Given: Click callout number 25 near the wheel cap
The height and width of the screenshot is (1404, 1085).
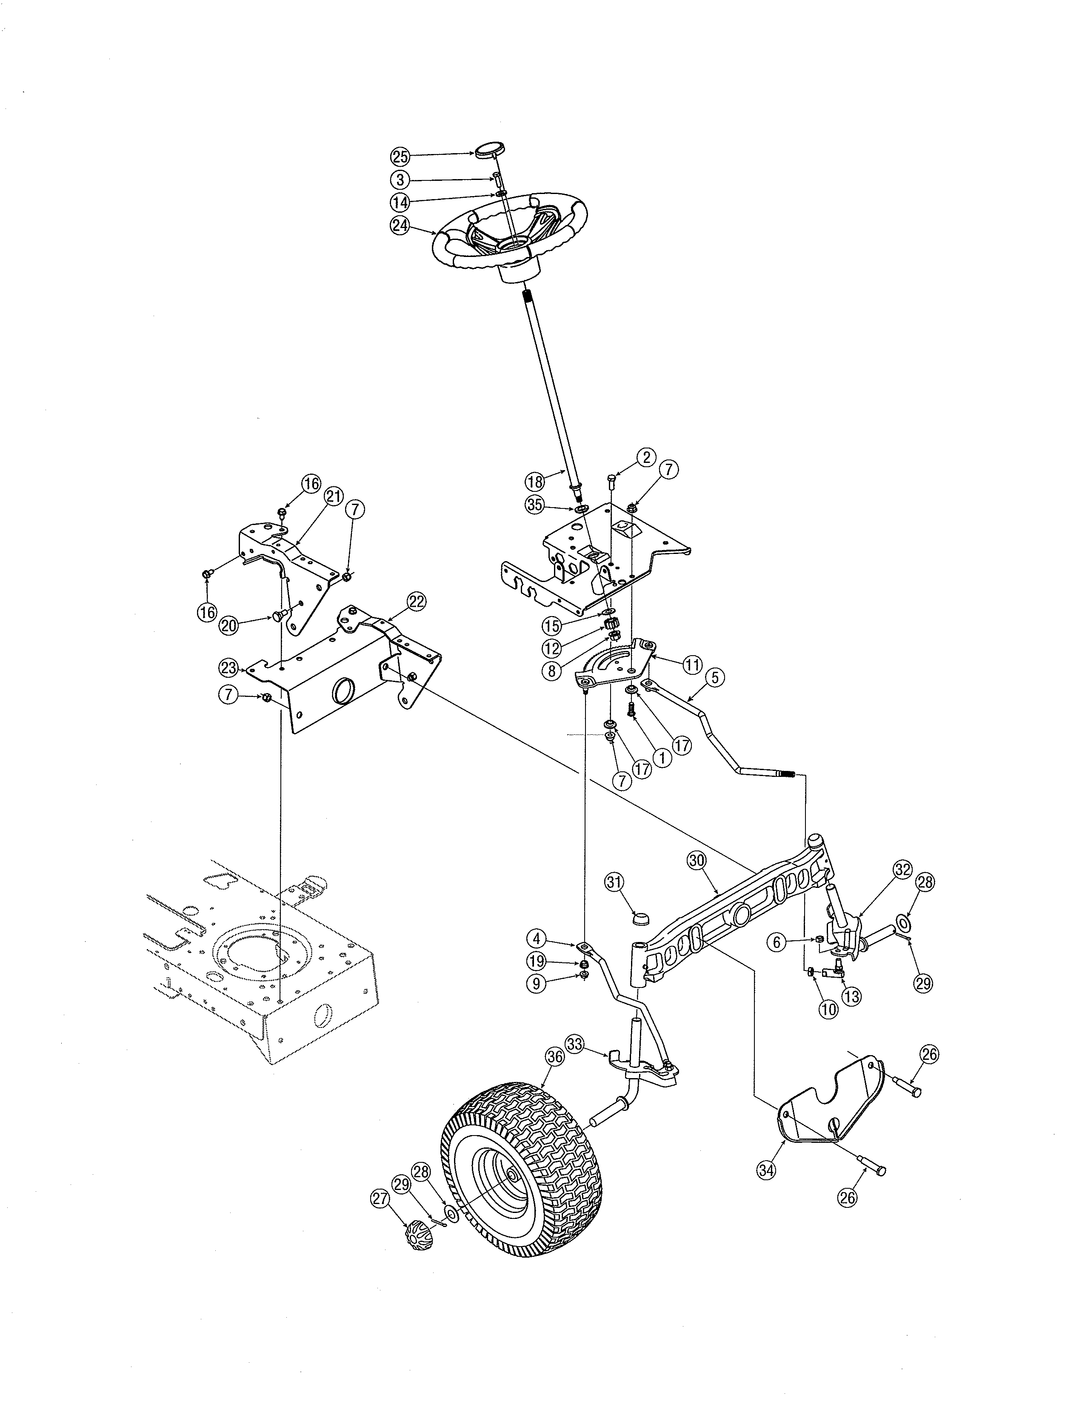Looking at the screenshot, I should point(400,156).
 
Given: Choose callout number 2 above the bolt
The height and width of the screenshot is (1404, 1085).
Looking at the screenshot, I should point(646,457).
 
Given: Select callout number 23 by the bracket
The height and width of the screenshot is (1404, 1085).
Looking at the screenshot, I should point(229,668).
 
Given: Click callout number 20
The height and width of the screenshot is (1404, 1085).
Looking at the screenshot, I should point(229,625).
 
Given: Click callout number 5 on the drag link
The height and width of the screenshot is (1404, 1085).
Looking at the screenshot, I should point(715,676).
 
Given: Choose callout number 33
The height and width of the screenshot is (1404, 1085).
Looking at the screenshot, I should point(575,1044).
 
